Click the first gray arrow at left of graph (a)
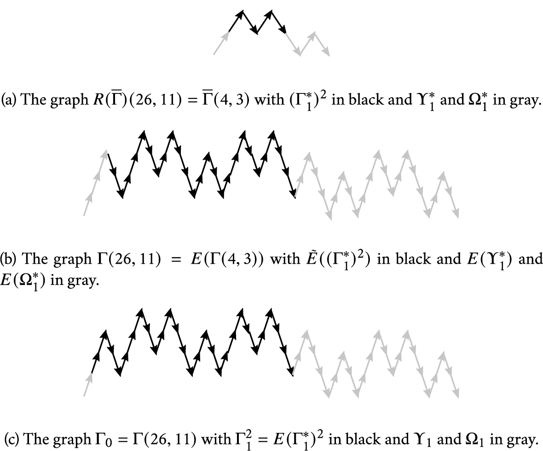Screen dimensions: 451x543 point(221,43)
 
